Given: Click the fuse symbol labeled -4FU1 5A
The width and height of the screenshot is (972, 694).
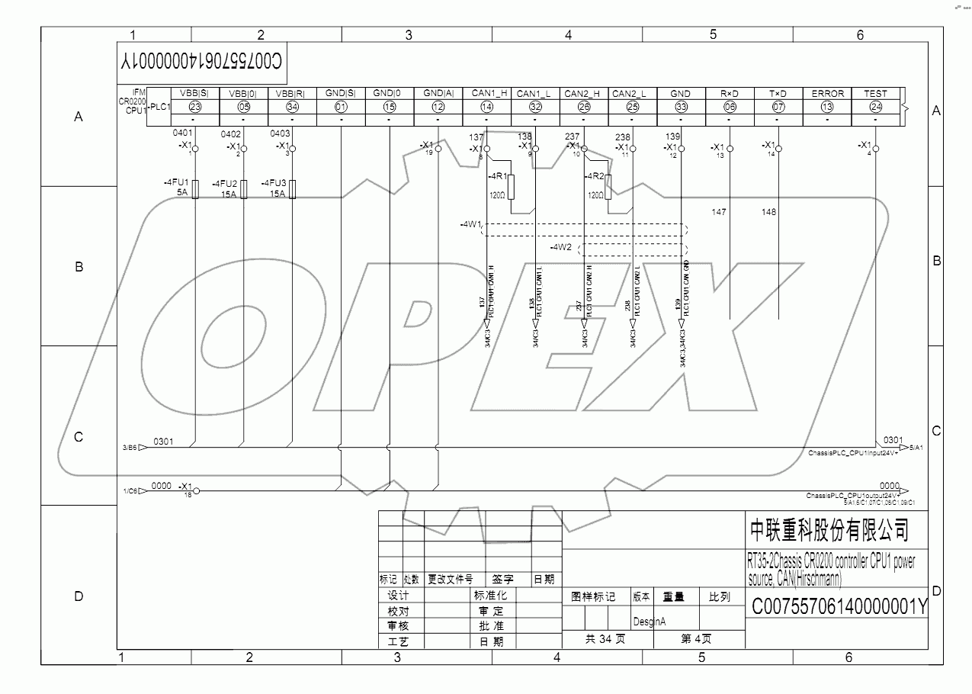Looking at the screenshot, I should tap(195, 189).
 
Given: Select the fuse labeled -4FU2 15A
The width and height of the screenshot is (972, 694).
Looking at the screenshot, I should tap(244, 189).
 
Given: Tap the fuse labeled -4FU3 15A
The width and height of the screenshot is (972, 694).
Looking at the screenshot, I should tap(293, 189).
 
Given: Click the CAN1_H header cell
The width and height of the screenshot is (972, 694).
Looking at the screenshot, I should tap(487, 93).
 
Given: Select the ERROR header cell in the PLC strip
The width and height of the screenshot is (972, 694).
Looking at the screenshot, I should tap(827, 93).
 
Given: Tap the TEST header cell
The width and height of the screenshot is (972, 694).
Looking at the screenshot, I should tap(875, 93).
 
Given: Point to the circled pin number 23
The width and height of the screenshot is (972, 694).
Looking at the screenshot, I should tap(195, 107).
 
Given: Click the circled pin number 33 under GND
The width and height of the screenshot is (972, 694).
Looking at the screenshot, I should tap(681, 107).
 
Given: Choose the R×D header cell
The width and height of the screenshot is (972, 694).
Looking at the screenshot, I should tap(730, 93).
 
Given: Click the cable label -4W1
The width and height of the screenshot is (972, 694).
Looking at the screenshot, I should tap(470, 225).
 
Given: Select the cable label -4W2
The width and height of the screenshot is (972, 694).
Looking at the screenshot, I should tap(561, 247).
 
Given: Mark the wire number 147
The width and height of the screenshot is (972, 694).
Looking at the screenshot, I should tap(718, 212).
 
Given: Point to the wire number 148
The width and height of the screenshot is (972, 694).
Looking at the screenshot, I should tap(768, 212).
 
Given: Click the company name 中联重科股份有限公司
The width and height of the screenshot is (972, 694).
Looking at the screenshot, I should tap(829, 529).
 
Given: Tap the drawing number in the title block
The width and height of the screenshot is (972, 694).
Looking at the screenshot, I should tap(839, 607).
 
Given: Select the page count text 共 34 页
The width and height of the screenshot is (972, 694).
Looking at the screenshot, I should tap(605, 639).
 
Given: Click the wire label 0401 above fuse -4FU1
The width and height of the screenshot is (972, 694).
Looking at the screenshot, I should tap(183, 133).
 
